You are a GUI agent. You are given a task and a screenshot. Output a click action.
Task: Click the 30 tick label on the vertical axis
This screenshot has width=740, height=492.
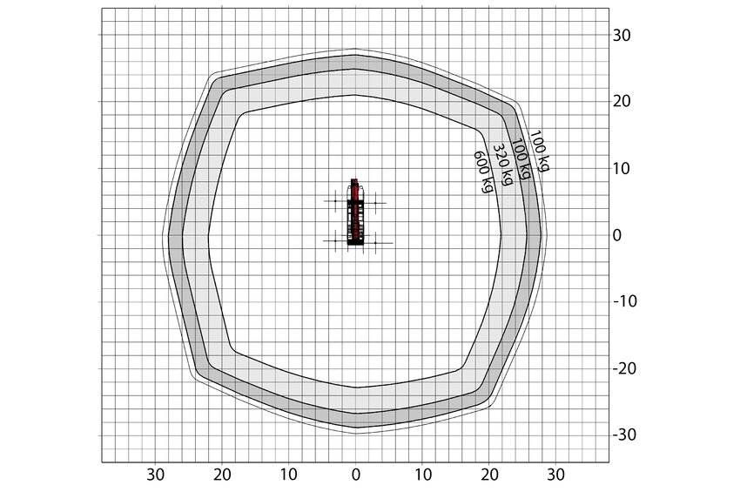point(622,36)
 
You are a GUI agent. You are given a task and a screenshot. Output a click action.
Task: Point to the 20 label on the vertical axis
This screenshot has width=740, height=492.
point(622,102)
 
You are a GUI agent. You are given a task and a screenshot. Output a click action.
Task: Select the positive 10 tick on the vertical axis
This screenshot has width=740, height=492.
point(622,169)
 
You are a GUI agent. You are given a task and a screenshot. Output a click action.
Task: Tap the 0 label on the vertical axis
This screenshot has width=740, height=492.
point(617,235)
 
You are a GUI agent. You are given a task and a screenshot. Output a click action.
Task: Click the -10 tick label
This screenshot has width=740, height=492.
point(625,301)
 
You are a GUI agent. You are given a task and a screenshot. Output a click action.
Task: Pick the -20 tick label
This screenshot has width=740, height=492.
point(625,367)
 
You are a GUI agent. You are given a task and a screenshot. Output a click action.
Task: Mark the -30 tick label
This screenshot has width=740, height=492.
point(625,435)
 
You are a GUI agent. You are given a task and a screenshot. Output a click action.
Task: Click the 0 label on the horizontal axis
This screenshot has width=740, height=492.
point(356,475)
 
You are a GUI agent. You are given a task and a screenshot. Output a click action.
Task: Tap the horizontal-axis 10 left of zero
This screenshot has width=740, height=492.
point(289,475)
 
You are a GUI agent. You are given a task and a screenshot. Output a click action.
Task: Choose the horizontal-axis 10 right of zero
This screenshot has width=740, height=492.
point(423,475)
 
